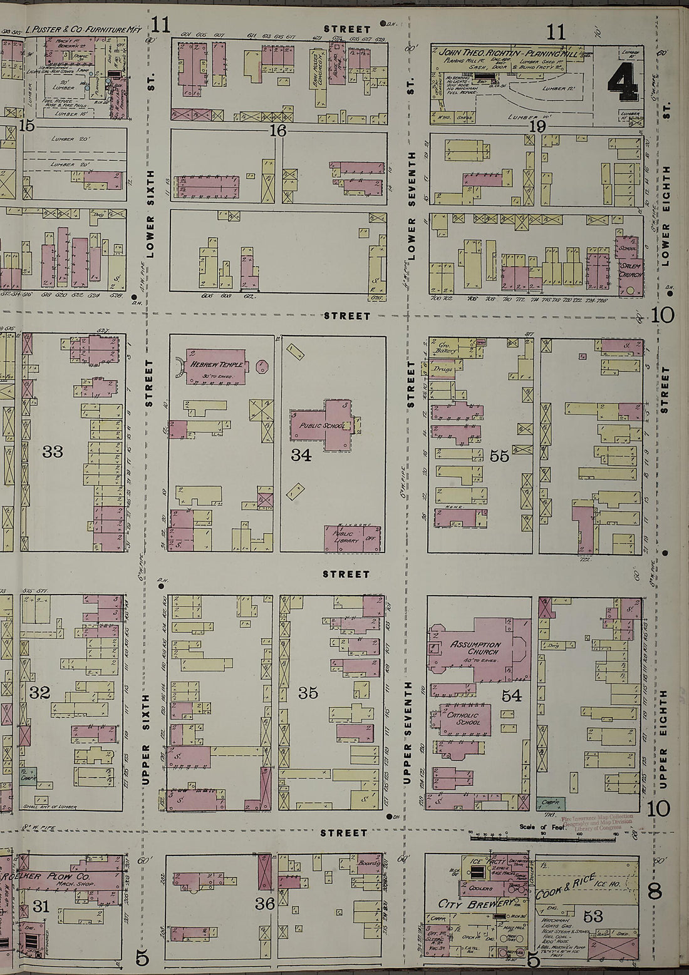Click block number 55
tap(499, 456)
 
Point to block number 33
tap(53, 451)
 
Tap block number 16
tap(277, 131)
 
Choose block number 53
tap(593, 917)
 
